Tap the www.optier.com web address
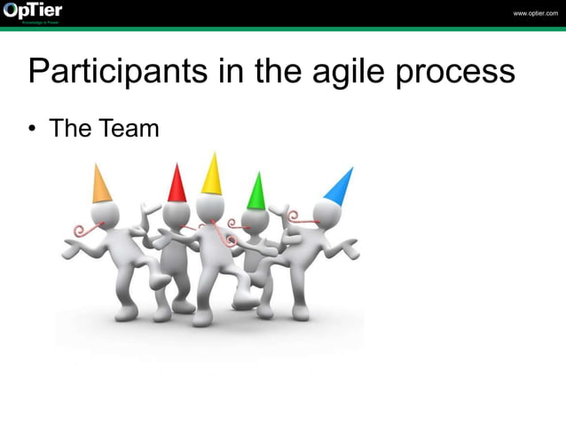(x=535, y=13)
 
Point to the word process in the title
(x=460, y=72)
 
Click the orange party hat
(x=102, y=185)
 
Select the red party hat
(x=177, y=183)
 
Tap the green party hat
(x=256, y=191)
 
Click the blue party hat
(x=339, y=185)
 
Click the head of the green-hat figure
(x=255, y=220)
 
